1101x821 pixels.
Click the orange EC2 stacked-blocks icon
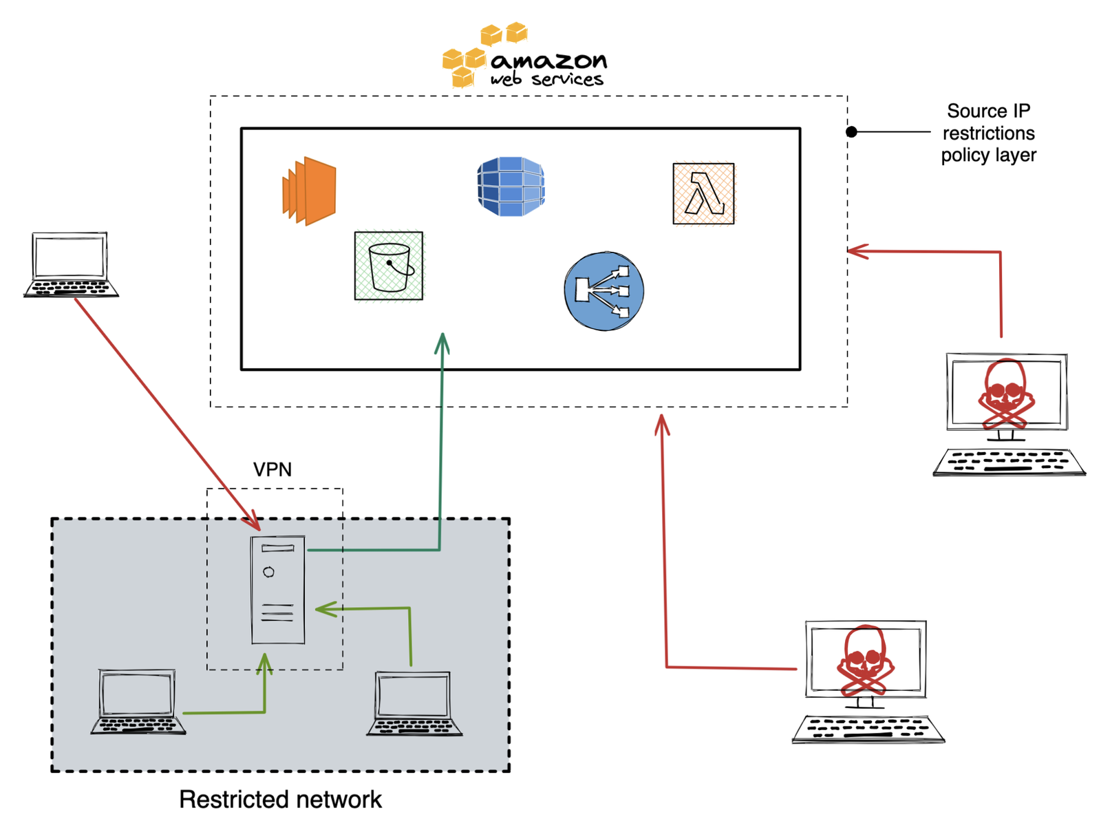click(x=309, y=191)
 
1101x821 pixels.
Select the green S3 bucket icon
click(x=389, y=266)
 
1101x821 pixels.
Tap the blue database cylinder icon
click(x=511, y=186)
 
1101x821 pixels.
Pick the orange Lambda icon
click(x=703, y=193)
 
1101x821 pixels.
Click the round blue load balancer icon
click(x=603, y=290)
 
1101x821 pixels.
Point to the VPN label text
click(x=272, y=469)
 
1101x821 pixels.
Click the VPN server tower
click(x=278, y=590)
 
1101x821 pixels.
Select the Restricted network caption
click(x=280, y=799)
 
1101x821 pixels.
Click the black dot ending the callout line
click(x=851, y=131)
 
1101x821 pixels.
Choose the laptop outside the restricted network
click(x=71, y=265)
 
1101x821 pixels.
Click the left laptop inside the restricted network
click(x=138, y=701)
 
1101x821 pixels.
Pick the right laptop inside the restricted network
click(x=414, y=704)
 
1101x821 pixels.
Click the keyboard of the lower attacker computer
click(x=868, y=729)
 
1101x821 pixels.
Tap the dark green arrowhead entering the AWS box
click(x=442, y=341)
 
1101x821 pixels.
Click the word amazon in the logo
click(x=548, y=61)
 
